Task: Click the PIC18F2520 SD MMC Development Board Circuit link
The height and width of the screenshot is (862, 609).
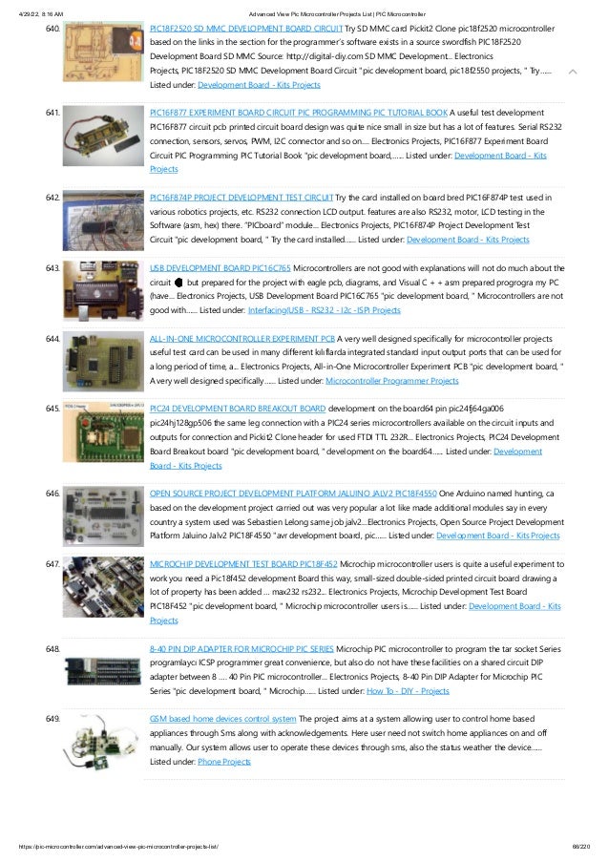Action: pos(245,31)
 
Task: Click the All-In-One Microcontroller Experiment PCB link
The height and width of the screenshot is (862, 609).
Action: pos(256,339)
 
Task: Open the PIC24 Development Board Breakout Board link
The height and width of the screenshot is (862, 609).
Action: pos(238,409)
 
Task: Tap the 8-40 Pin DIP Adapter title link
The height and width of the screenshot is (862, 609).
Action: pos(241,648)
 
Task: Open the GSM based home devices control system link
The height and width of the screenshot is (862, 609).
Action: pos(223,719)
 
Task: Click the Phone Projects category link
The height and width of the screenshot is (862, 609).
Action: pos(224,762)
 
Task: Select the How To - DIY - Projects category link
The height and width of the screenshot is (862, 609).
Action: pos(407,690)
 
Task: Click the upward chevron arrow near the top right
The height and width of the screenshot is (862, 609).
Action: pos(571,72)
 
